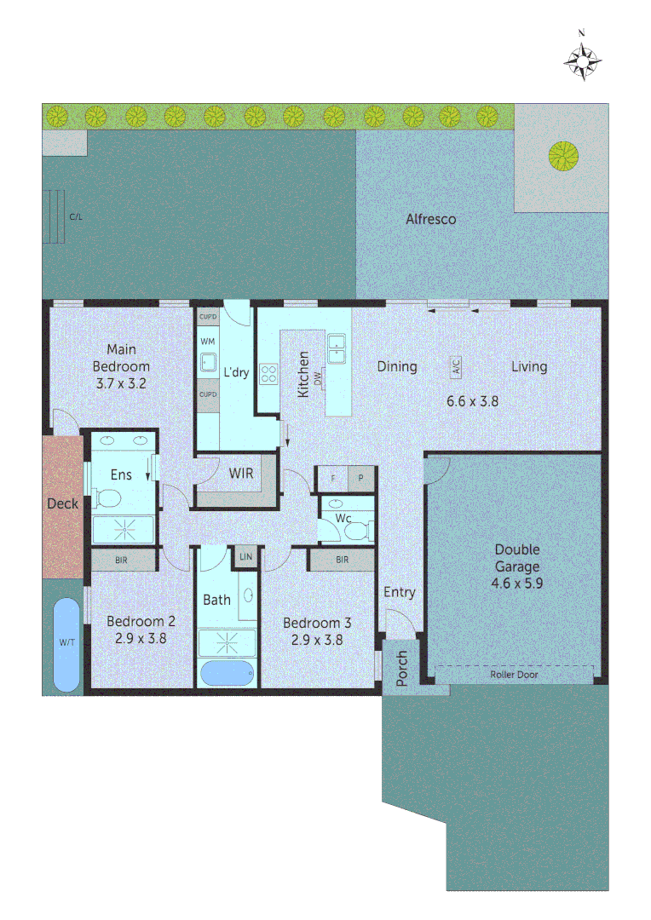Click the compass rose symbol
[583, 60]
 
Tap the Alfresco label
[430, 219]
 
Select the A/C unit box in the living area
[456, 368]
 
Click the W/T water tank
[66, 643]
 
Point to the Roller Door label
[514, 675]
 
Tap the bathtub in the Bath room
[228, 673]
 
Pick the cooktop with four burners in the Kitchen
[269, 373]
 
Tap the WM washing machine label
[207, 341]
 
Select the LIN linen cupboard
[246, 557]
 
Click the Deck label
[62, 503]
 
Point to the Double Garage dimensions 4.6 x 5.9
[516, 584]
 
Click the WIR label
[240, 474]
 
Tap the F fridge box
[332, 478]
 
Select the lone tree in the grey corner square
[563, 155]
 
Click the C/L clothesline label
[76, 217]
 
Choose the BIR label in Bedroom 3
[342, 560]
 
